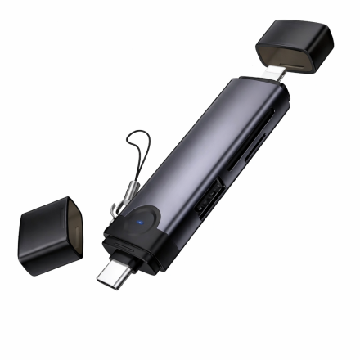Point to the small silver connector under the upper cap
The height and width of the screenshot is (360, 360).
pyautogui.click(x=280, y=74)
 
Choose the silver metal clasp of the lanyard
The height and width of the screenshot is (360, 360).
pyautogui.click(x=126, y=192)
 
